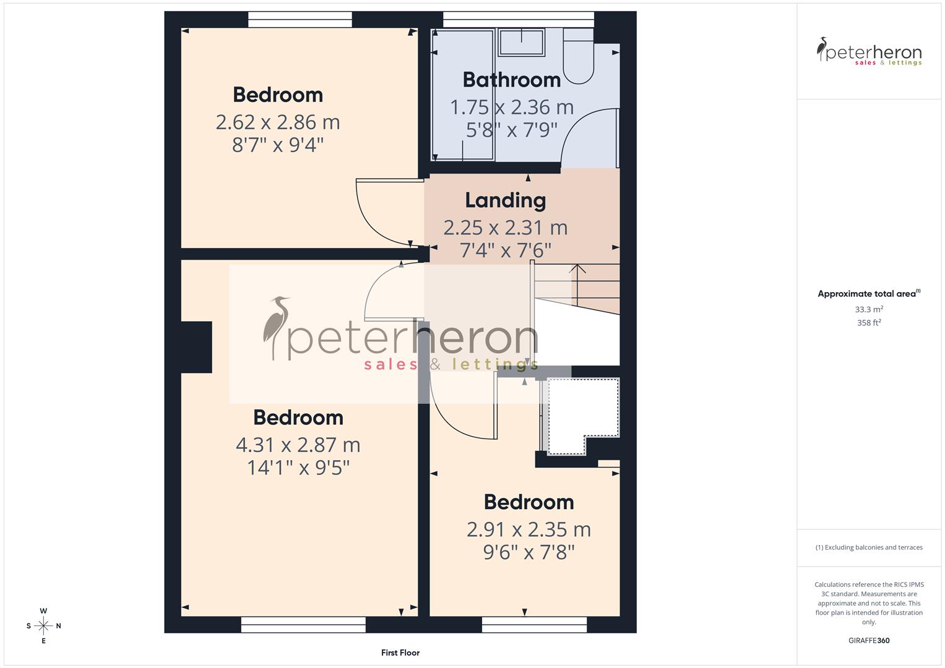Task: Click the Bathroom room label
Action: coord(511,80)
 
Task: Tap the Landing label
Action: coord(505,200)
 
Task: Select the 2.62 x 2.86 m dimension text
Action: coord(278,122)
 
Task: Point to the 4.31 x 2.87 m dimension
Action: coord(298,445)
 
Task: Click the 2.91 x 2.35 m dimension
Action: coord(529,529)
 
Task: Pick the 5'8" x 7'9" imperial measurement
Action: coord(511,130)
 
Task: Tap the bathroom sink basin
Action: coord(521,42)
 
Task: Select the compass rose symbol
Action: coord(43,626)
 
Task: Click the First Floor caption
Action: coord(400,653)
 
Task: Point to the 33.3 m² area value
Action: coord(869,309)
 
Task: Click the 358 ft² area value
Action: coord(869,323)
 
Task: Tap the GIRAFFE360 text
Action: coord(869,641)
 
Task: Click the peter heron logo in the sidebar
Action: coord(869,52)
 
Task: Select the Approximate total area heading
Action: coord(868,294)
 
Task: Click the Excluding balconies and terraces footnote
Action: coord(869,547)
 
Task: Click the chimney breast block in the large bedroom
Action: coord(197,347)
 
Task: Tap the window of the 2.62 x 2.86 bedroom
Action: coord(300,20)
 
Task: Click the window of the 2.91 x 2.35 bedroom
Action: coord(534,625)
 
